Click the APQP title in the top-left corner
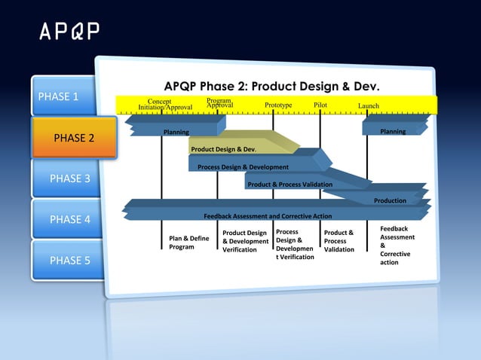[69, 32]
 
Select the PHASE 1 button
[59, 96]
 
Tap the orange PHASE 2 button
[74, 138]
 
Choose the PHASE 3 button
[70, 178]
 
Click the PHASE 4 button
[70, 220]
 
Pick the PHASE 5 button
[70, 261]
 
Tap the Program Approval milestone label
[219, 103]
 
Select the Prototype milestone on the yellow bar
[278, 105]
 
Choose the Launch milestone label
[369, 106]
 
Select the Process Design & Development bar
[243, 166]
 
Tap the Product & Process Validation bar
[290, 185]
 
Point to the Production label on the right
[390, 200]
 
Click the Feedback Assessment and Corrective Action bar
[268, 216]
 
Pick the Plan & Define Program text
[188, 243]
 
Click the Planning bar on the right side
[393, 132]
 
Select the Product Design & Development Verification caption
[245, 241]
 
